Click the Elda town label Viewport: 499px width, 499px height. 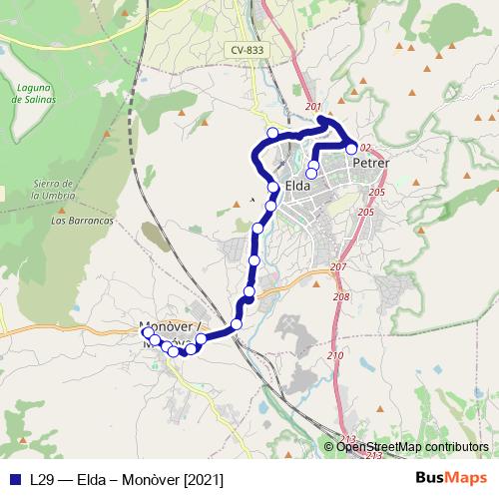(297, 186)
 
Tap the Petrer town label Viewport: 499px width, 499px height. (370, 163)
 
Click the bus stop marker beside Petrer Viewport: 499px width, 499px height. (351, 148)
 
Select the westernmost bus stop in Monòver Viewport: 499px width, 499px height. (148, 332)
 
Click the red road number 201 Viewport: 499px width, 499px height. (313, 107)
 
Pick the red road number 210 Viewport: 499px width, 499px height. (334, 356)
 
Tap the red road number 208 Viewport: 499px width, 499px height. (341, 296)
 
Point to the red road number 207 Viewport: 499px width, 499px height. (338, 267)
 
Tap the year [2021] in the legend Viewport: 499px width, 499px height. (204, 479)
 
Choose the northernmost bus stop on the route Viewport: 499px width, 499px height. (271, 132)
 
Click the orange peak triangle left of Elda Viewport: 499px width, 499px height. (237, 203)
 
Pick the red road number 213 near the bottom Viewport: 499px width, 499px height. (347, 439)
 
